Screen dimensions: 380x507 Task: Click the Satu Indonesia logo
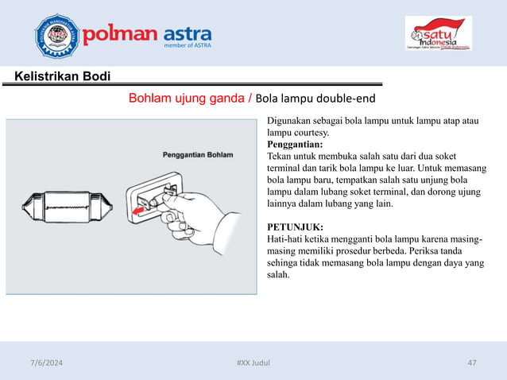point(438,36)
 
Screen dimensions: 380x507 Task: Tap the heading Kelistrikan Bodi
point(57,76)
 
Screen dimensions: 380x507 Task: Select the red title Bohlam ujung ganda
point(188,99)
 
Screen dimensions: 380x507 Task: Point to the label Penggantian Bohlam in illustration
point(197,154)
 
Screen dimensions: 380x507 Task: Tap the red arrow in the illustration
point(142,209)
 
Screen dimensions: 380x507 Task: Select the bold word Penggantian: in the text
point(295,145)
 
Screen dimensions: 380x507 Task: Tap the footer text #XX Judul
point(253,363)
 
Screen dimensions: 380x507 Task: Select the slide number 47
point(472,363)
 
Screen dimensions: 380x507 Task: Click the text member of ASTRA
point(187,48)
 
